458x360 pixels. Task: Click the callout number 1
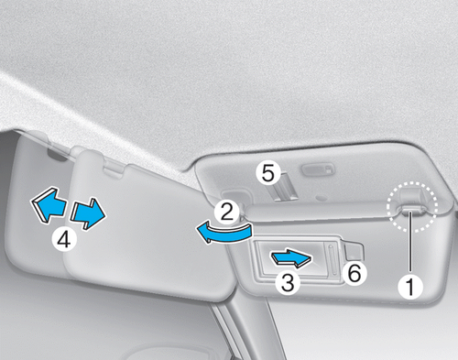[410, 286]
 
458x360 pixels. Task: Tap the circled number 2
[227, 212]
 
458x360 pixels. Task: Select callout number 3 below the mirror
[288, 282]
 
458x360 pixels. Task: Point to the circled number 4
[64, 239]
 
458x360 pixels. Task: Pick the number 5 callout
[268, 173]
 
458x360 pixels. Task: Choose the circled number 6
[354, 273]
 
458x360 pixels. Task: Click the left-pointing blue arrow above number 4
[49, 205]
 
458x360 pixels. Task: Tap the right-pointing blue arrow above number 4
[88, 213]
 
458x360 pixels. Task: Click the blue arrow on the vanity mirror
[291, 258]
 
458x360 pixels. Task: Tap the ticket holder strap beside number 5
[286, 187]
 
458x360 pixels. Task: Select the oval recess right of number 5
[318, 169]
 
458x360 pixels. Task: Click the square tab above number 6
[354, 251]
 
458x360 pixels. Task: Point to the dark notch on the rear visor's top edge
[58, 155]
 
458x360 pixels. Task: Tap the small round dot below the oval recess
[321, 198]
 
